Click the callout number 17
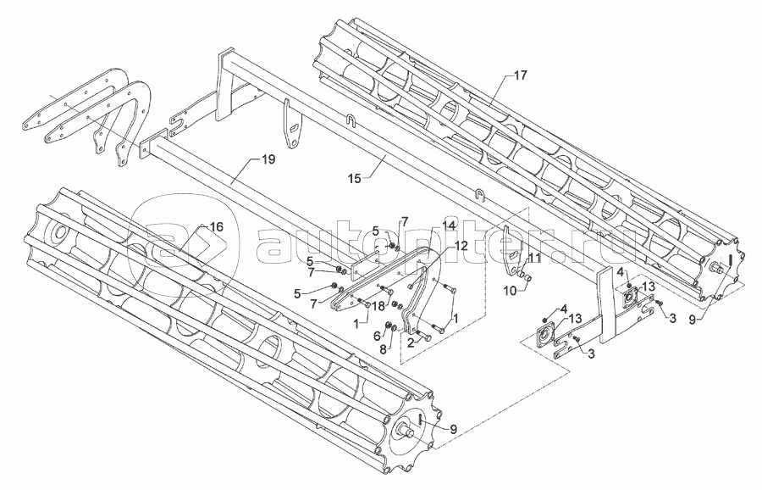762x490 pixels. (520, 75)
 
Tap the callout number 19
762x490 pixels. (268, 159)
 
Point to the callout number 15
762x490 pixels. (355, 179)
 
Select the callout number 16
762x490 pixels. (216, 226)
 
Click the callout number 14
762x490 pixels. (450, 226)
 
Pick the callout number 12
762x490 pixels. (461, 246)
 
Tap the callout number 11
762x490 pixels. (534, 259)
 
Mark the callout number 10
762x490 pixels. (511, 291)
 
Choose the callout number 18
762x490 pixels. (378, 305)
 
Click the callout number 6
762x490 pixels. (376, 335)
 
